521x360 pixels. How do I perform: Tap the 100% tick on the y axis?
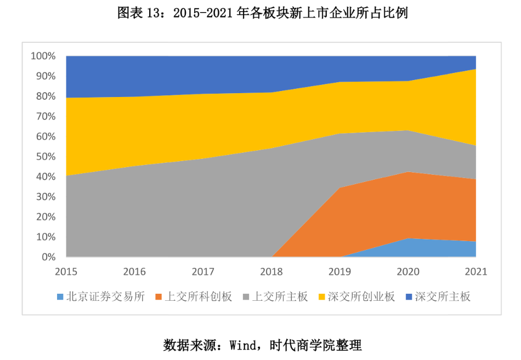coord(43,56)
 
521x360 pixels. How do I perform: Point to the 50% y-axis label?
coord(45,157)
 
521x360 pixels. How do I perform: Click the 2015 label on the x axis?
coord(66,271)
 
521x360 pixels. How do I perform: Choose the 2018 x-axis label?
coord(271,271)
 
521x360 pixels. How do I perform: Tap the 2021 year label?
coord(475,271)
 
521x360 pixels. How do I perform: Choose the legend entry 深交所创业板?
coord(361,297)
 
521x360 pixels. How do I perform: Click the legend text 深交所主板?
coord(443,297)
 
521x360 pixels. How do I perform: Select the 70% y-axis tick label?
coord(45,116)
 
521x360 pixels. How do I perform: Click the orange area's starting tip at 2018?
coord(273,256)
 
